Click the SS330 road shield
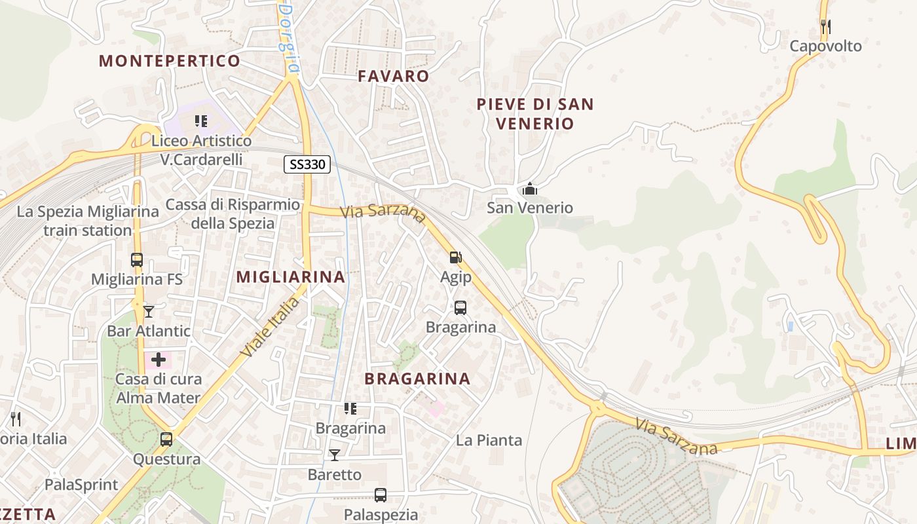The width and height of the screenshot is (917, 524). [x=307, y=164]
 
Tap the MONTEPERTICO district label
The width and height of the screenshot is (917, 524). [x=170, y=62]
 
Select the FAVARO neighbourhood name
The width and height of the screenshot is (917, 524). [x=394, y=76]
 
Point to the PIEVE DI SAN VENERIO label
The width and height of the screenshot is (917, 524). [x=534, y=113]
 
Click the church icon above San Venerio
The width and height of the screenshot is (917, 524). [x=530, y=190]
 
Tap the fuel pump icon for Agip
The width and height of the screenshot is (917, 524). [x=455, y=258]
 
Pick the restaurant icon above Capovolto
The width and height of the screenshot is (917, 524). [x=825, y=27]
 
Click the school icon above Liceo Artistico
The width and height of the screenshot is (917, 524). [x=201, y=121]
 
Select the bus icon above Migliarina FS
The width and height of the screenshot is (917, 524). [x=136, y=260]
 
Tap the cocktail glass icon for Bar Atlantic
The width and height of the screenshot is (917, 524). [x=149, y=311]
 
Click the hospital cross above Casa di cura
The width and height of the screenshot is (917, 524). [x=158, y=360]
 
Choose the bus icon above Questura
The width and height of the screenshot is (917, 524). [x=166, y=440]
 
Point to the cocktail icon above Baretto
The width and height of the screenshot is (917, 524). [x=335, y=455]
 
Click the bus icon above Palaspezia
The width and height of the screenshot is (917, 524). [x=381, y=495]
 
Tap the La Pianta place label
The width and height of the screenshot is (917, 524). [x=489, y=440]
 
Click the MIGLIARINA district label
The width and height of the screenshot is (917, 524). [x=290, y=277]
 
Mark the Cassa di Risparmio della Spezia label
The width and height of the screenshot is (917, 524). [x=233, y=214]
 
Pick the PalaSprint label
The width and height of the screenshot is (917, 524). [x=81, y=485]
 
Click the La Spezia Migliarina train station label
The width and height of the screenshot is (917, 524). [x=88, y=221]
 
